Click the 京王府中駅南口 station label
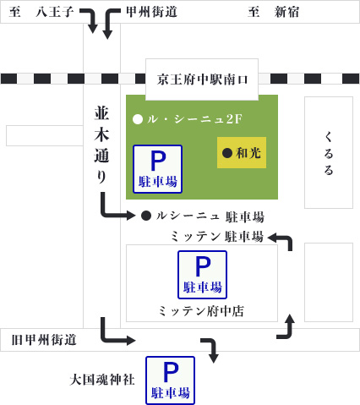tap(203, 79)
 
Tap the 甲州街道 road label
tap(151, 12)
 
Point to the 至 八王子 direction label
tap(41, 12)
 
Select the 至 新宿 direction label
tap(274, 12)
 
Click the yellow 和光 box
tap(242, 153)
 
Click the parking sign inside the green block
tap(157, 168)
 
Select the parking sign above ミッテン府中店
tap(202, 274)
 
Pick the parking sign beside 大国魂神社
tap(170, 380)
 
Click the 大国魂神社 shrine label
tap(102, 380)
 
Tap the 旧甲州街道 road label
tap(44, 340)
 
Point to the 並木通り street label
tap(101, 145)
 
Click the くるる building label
tap(329, 153)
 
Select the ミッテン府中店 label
tap(201, 311)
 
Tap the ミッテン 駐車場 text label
tap(216, 236)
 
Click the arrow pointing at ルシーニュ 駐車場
tap(117, 210)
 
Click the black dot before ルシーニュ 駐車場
tap(146, 216)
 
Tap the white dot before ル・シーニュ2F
tap(138, 119)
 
